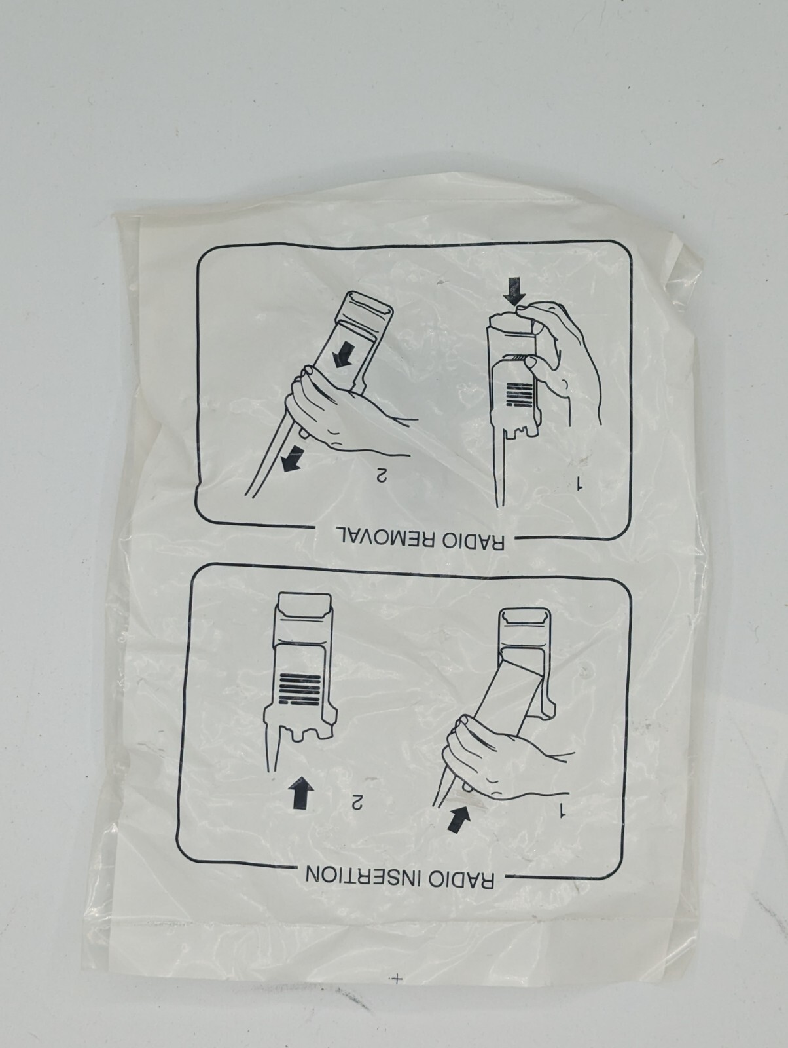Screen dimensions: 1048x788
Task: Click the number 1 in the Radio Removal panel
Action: click(579, 485)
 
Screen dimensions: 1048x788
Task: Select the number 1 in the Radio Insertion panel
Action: click(562, 812)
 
